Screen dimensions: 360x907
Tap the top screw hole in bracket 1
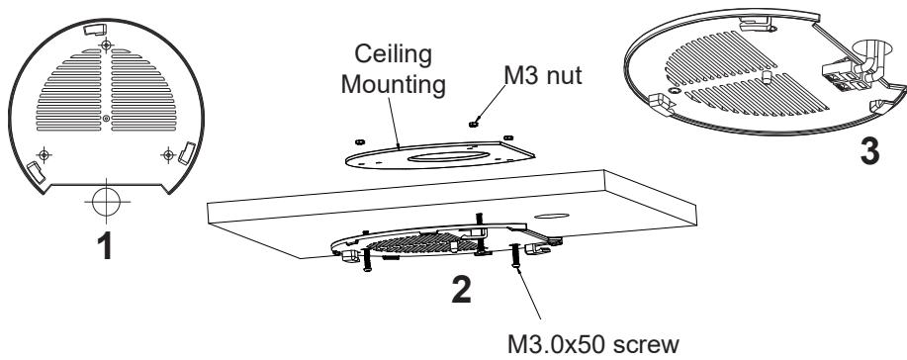tap(106, 45)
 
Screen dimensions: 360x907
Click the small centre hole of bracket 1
tap(106, 120)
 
